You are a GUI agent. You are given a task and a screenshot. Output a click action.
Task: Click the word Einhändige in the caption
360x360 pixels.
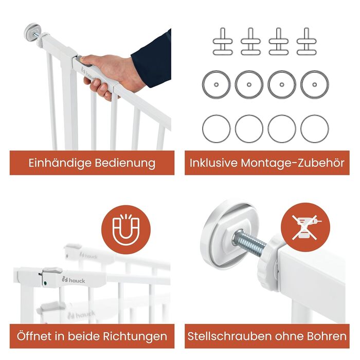(x=60, y=163)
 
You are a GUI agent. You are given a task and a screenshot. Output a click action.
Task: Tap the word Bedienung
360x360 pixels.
(x=125, y=163)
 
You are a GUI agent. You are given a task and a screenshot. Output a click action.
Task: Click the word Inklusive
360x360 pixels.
(x=213, y=163)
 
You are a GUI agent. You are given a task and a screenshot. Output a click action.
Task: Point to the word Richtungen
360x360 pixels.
(x=135, y=336)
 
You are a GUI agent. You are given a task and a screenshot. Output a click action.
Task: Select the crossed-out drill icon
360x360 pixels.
(x=305, y=227)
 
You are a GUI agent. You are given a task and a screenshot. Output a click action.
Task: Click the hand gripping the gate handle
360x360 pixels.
(x=108, y=75)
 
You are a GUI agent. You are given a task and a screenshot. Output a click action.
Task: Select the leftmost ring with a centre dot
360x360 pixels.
(x=216, y=84)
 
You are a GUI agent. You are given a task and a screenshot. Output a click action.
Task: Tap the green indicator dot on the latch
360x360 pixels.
(x=45, y=283)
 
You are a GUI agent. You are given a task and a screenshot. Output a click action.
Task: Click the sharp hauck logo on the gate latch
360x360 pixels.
(x=74, y=280)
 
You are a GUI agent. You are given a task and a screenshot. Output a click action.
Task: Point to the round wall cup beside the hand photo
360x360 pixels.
(x=33, y=32)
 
